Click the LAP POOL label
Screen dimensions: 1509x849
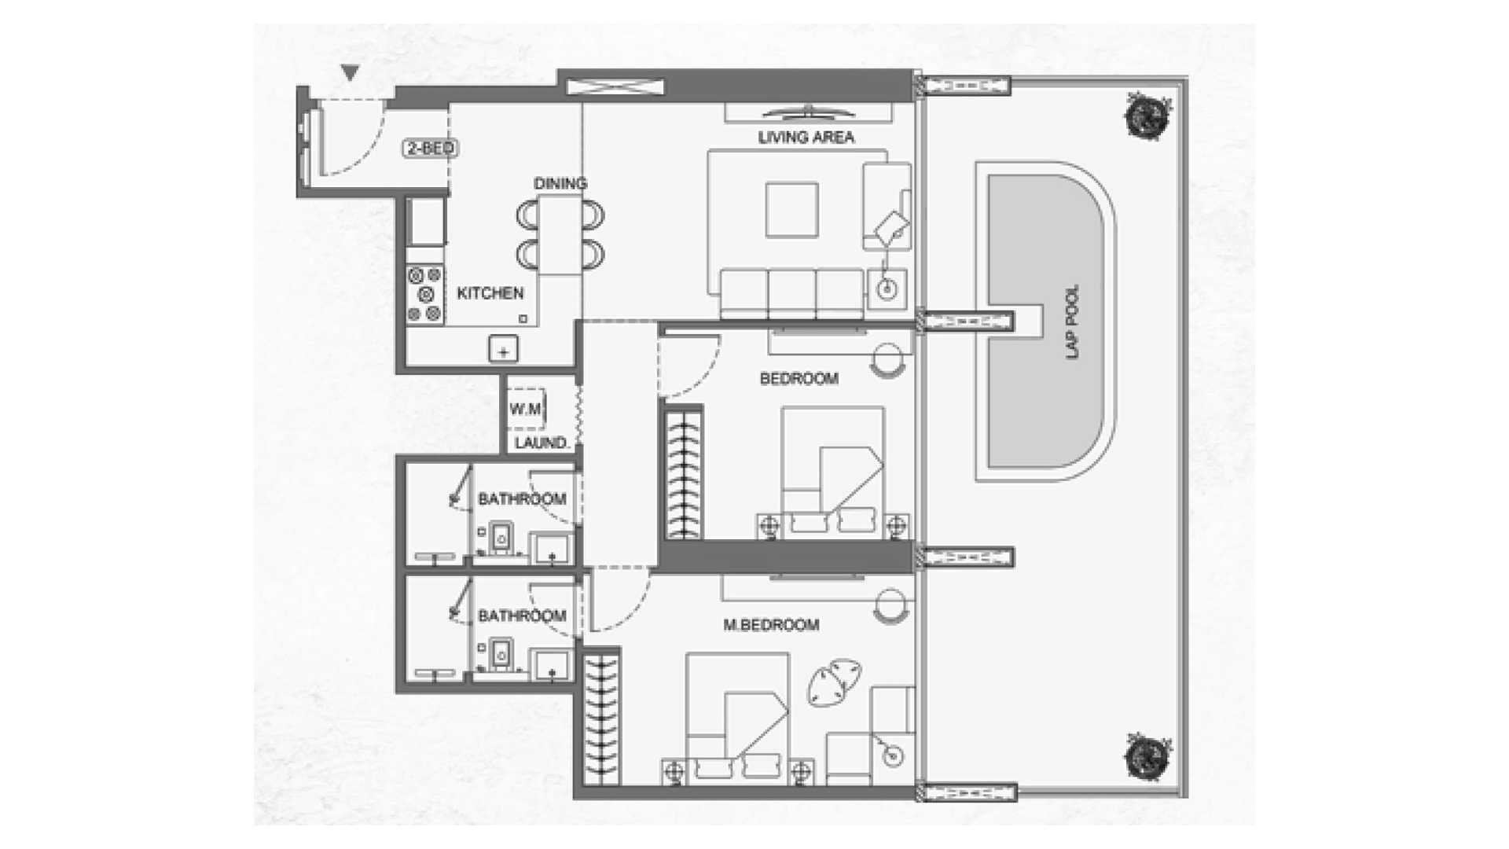pyautogui.click(x=1073, y=322)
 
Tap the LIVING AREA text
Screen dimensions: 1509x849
pyautogui.click(x=806, y=138)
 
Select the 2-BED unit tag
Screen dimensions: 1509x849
pyautogui.click(x=431, y=148)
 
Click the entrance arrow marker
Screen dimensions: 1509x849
pyautogui.click(x=351, y=73)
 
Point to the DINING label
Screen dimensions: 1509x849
pyautogui.click(x=560, y=183)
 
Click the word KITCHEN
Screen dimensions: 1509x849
pyautogui.click(x=490, y=293)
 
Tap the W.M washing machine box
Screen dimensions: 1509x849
pyautogui.click(x=525, y=409)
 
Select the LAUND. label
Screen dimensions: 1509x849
pyautogui.click(x=542, y=443)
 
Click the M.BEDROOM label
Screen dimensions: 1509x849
pyautogui.click(x=771, y=625)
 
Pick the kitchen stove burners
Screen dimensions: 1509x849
pyautogui.click(x=424, y=295)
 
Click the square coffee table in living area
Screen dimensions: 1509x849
pyautogui.click(x=792, y=210)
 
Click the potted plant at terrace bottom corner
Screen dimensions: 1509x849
pyautogui.click(x=1147, y=758)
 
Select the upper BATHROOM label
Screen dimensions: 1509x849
pyautogui.click(x=522, y=499)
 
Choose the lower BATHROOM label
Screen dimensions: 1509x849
pyautogui.click(x=522, y=616)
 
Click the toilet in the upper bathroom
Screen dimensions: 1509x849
pyautogui.click(x=500, y=538)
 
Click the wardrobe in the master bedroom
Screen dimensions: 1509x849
pyautogui.click(x=602, y=717)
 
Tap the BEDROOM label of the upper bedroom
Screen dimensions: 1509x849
pyautogui.click(x=799, y=379)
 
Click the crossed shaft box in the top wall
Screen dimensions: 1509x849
pyautogui.click(x=615, y=86)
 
